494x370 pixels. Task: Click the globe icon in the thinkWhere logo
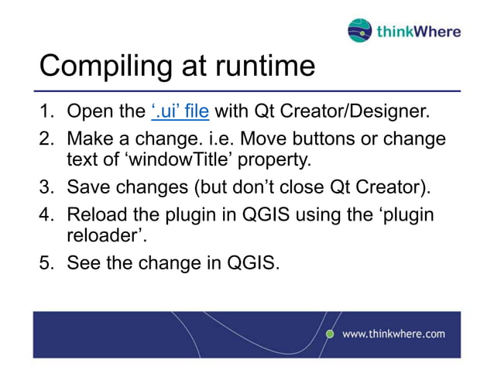coord(360,31)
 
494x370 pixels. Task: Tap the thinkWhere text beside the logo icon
coord(418,32)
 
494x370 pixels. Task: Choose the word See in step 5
coord(84,263)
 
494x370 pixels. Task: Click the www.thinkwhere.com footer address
coord(393,334)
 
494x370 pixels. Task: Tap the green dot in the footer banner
coord(330,334)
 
